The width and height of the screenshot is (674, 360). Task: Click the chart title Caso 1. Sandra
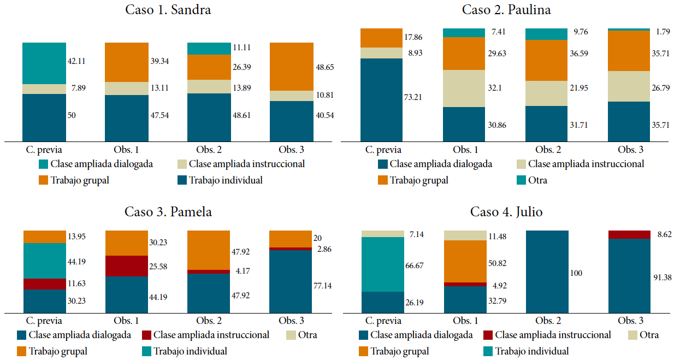click(168, 10)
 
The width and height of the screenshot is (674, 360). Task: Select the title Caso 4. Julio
click(506, 211)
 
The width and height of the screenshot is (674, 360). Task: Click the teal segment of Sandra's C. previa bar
click(44, 63)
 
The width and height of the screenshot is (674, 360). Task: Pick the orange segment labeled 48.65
click(291, 66)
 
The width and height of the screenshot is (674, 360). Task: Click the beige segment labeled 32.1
click(464, 88)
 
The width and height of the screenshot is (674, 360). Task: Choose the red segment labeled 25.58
click(126, 266)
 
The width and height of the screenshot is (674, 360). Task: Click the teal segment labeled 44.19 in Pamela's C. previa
click(45, 261)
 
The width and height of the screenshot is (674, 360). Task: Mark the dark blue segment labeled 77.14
click(291, 281)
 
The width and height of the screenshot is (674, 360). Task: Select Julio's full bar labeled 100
click(547, 271)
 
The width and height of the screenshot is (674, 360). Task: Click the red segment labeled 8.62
click(629, 234)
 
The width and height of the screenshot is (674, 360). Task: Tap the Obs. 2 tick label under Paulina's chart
click(548, 150)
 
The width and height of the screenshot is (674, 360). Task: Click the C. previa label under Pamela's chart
click(45, 321)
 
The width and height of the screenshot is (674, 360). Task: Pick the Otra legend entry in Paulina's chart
click(537, 180)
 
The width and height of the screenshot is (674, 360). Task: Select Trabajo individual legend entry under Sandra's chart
click(226, 180)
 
